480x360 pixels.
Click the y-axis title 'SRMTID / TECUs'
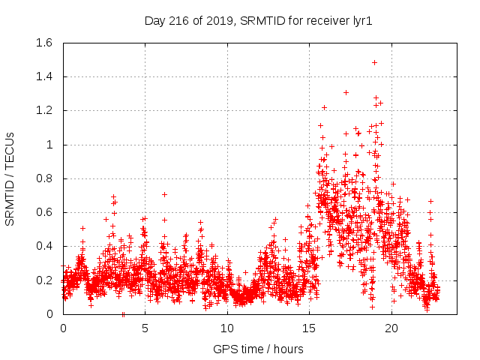[10, 178]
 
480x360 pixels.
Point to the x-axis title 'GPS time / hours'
[258, 349]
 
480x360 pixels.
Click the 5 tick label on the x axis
[145, 328]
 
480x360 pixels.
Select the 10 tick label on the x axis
[227, 328]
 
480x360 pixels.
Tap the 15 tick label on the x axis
[309, 328]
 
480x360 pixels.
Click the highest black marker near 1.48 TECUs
[374, 62]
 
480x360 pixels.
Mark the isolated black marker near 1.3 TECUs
[346, 92]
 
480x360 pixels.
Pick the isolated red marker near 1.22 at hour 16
[324, 107]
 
